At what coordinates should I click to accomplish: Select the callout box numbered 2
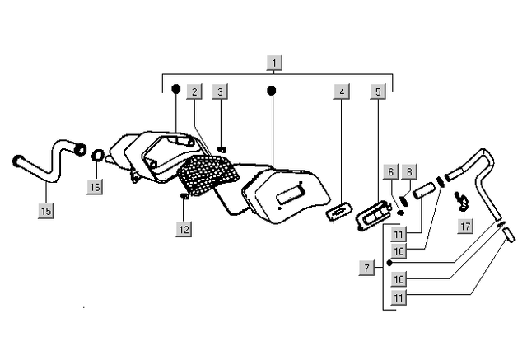pos(194,91)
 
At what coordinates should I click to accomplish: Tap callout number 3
pos(220,91)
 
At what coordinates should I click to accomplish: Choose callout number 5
pos(378,91)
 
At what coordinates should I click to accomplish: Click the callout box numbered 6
pos(391,171)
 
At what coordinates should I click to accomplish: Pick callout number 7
pos(366,267)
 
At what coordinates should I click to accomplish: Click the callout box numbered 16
pos(96,187)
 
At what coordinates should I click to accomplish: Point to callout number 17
pos(466,226)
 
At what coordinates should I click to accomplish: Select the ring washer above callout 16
pos(97,156)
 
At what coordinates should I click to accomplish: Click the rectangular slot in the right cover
pos(291,196)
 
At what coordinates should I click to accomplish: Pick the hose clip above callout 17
pos(464,198)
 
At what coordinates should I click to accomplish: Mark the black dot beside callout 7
pos(389,264)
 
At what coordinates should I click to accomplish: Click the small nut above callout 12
pos(184,197)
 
